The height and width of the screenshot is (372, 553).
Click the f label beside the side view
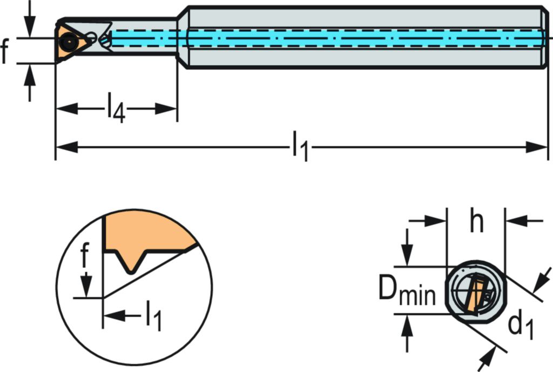coord(5,51)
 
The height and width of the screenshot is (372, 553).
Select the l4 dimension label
coord(116,107)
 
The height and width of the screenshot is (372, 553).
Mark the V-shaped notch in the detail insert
coord(129,262)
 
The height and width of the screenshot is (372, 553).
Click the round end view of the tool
coord(475,292)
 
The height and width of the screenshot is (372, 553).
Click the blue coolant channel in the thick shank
coord(362,38)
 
